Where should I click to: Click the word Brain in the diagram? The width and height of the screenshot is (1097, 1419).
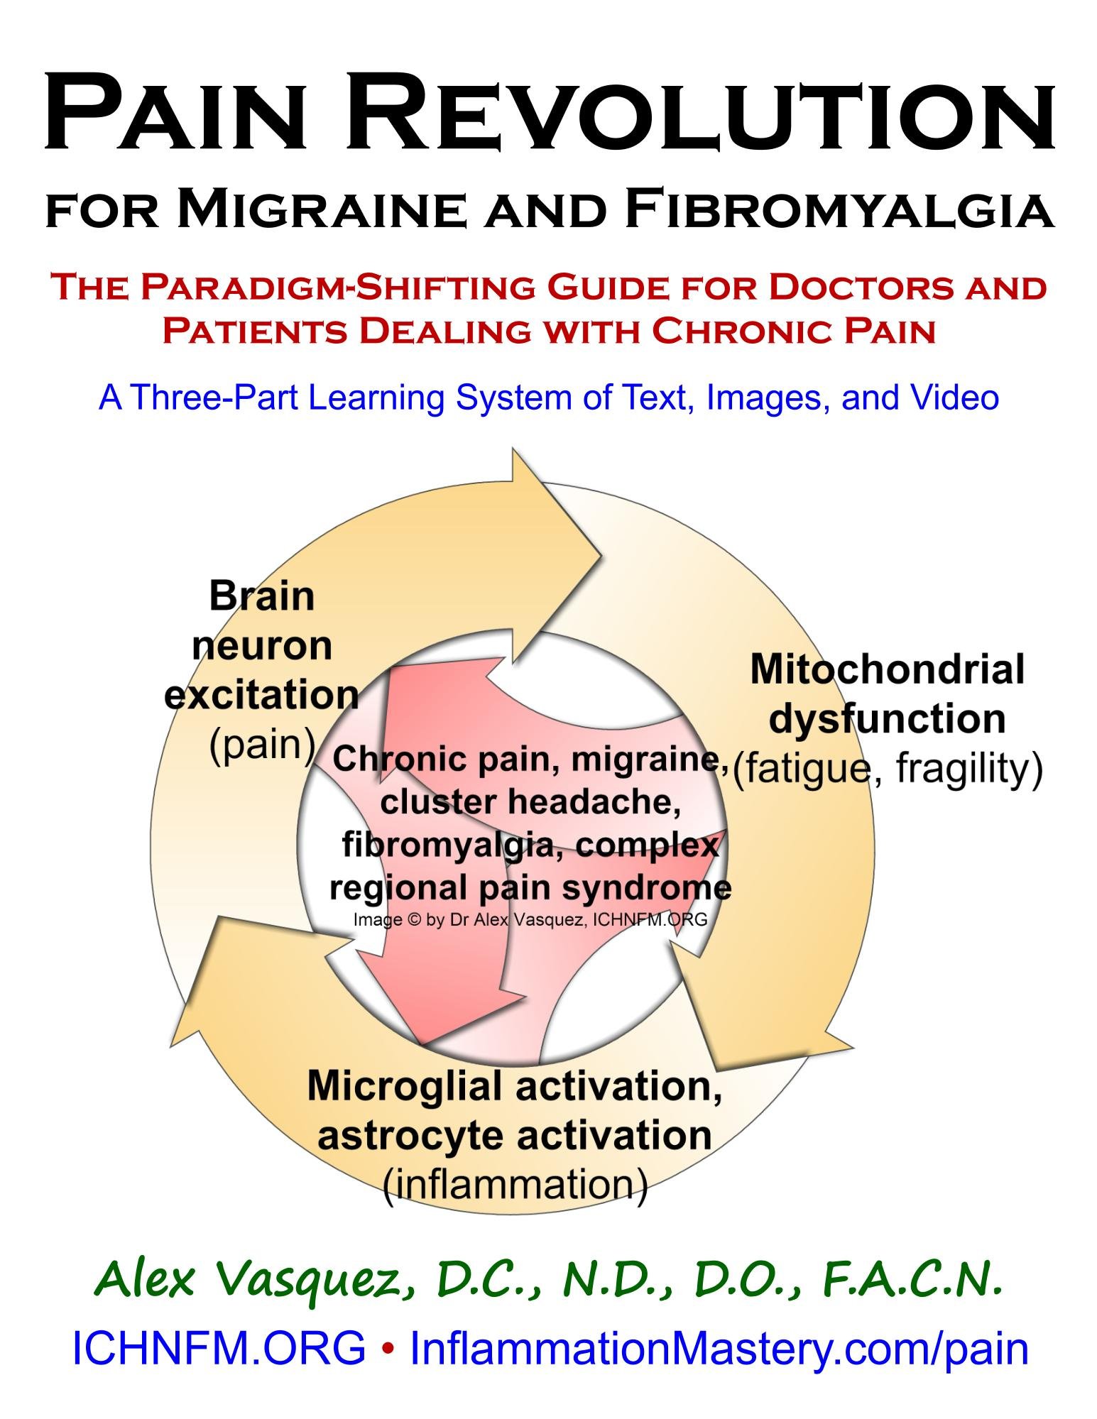(261, 596)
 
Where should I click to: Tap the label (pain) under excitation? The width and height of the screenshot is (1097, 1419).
(261, 744)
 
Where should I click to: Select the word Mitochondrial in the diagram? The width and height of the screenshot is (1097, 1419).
(887, 669)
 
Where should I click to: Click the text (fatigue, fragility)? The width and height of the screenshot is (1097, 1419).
(887, 768)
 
